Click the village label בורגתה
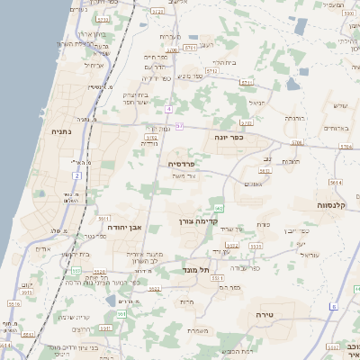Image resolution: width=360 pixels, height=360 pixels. pos(295,118)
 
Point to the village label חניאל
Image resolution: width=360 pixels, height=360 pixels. pos(258,103)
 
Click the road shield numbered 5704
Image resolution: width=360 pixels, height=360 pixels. pos(346,144)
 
